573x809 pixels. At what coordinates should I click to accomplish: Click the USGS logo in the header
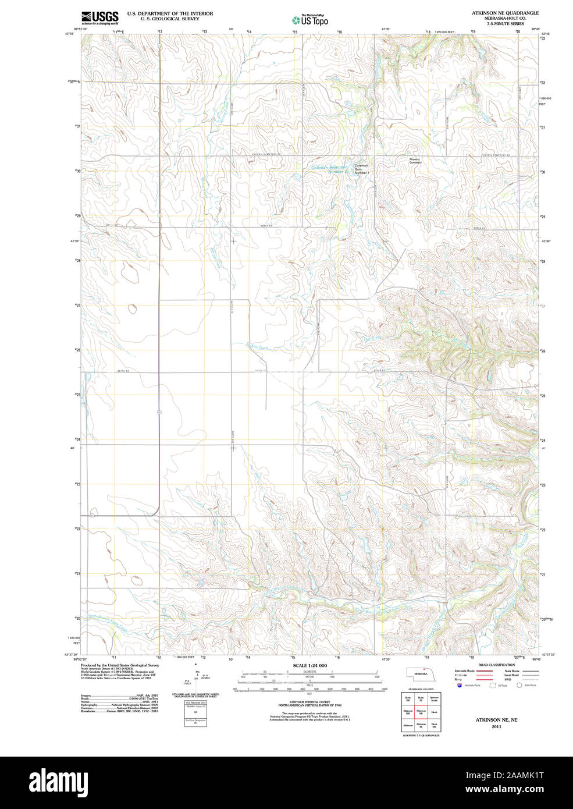[x=99, y=17]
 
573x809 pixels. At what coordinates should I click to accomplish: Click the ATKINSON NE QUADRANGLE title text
[x=505, y=13]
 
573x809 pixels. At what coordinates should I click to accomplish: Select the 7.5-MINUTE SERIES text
[x=505, y=24]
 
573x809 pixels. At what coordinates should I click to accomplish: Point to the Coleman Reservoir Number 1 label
[x=329, y=169]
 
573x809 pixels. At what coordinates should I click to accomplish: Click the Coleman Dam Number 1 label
[x=361, y=169]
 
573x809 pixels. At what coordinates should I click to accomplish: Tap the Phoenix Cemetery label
[x=415, y=161]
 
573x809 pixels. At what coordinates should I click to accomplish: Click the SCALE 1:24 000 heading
[x=309, y=665]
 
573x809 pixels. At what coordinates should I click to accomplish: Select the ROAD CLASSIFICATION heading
[x=496, y=665]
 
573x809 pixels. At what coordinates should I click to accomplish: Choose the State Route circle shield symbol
[x=519, y=686]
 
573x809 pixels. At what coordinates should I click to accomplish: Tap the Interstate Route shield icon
[x=460, y=686]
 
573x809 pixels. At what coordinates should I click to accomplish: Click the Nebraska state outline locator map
[x=423, y=673]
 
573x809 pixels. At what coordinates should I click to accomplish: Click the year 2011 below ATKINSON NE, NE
[x=496, y=727]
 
